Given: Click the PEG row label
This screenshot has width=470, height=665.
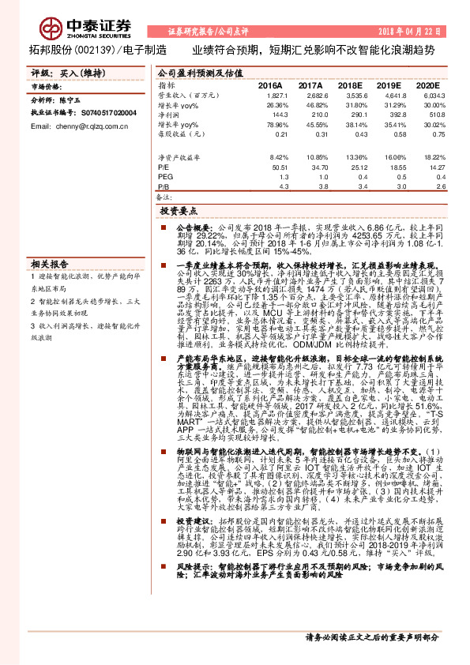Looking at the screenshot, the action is coord(164,178).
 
